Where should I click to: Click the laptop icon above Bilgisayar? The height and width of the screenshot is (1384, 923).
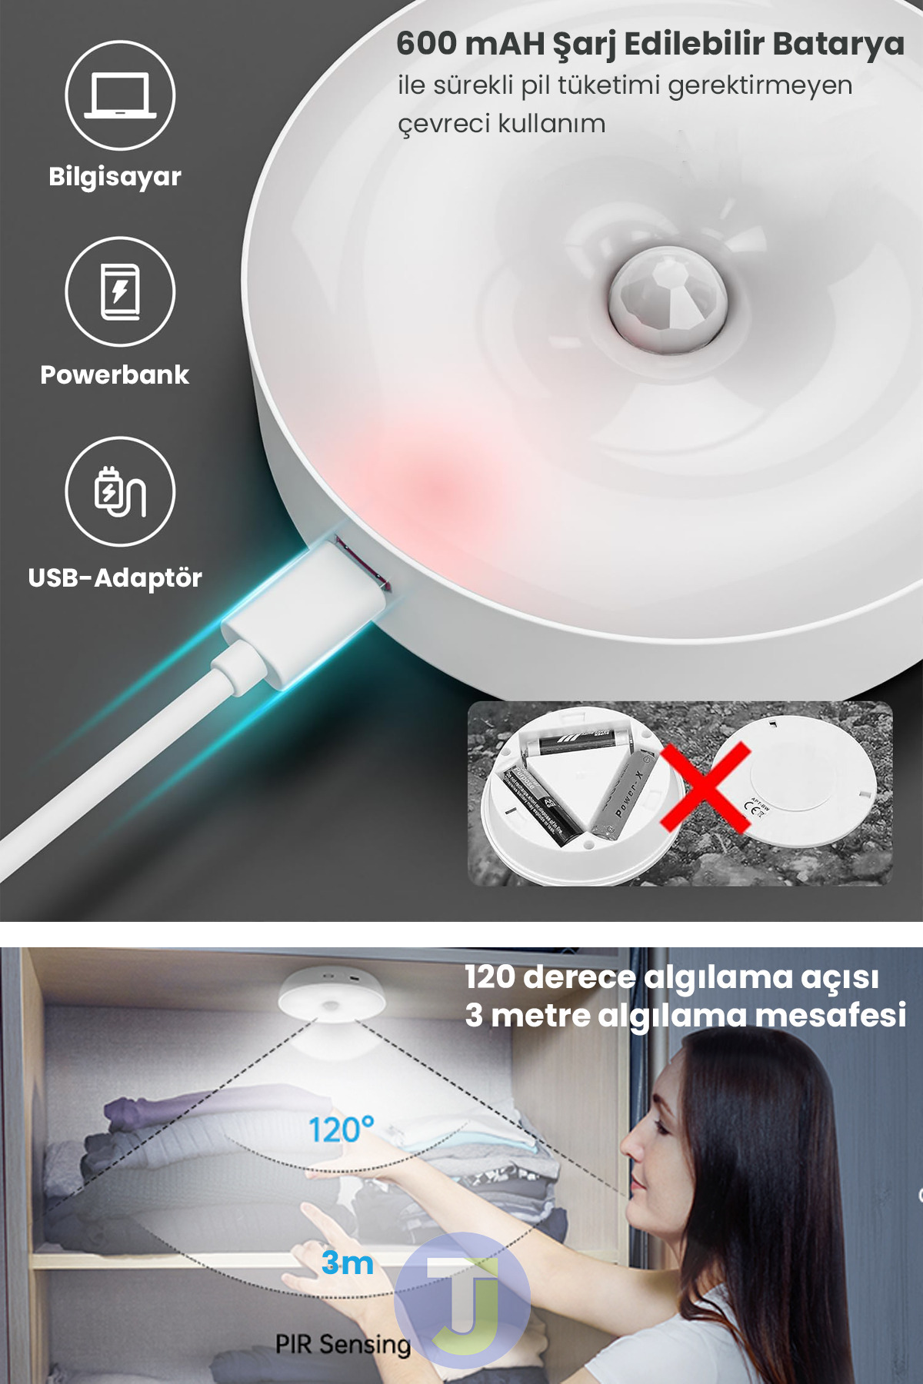[120, 95]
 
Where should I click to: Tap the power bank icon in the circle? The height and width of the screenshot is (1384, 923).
[120, 291]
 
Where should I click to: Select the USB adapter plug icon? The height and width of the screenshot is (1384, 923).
[120, 491]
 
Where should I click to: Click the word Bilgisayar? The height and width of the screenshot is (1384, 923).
[115, 177]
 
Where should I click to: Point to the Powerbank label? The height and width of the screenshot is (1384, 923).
[115, 375]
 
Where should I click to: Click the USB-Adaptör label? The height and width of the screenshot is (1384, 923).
[115, 578]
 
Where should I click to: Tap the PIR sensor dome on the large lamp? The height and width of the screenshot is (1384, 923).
[668, 299]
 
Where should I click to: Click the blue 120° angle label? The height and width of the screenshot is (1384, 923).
[341, 1129]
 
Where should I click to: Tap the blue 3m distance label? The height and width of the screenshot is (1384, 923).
[348, 1263]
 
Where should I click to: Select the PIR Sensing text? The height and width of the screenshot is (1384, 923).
[343, 1344]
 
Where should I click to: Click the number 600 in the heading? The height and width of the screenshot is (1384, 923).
[427, 44]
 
